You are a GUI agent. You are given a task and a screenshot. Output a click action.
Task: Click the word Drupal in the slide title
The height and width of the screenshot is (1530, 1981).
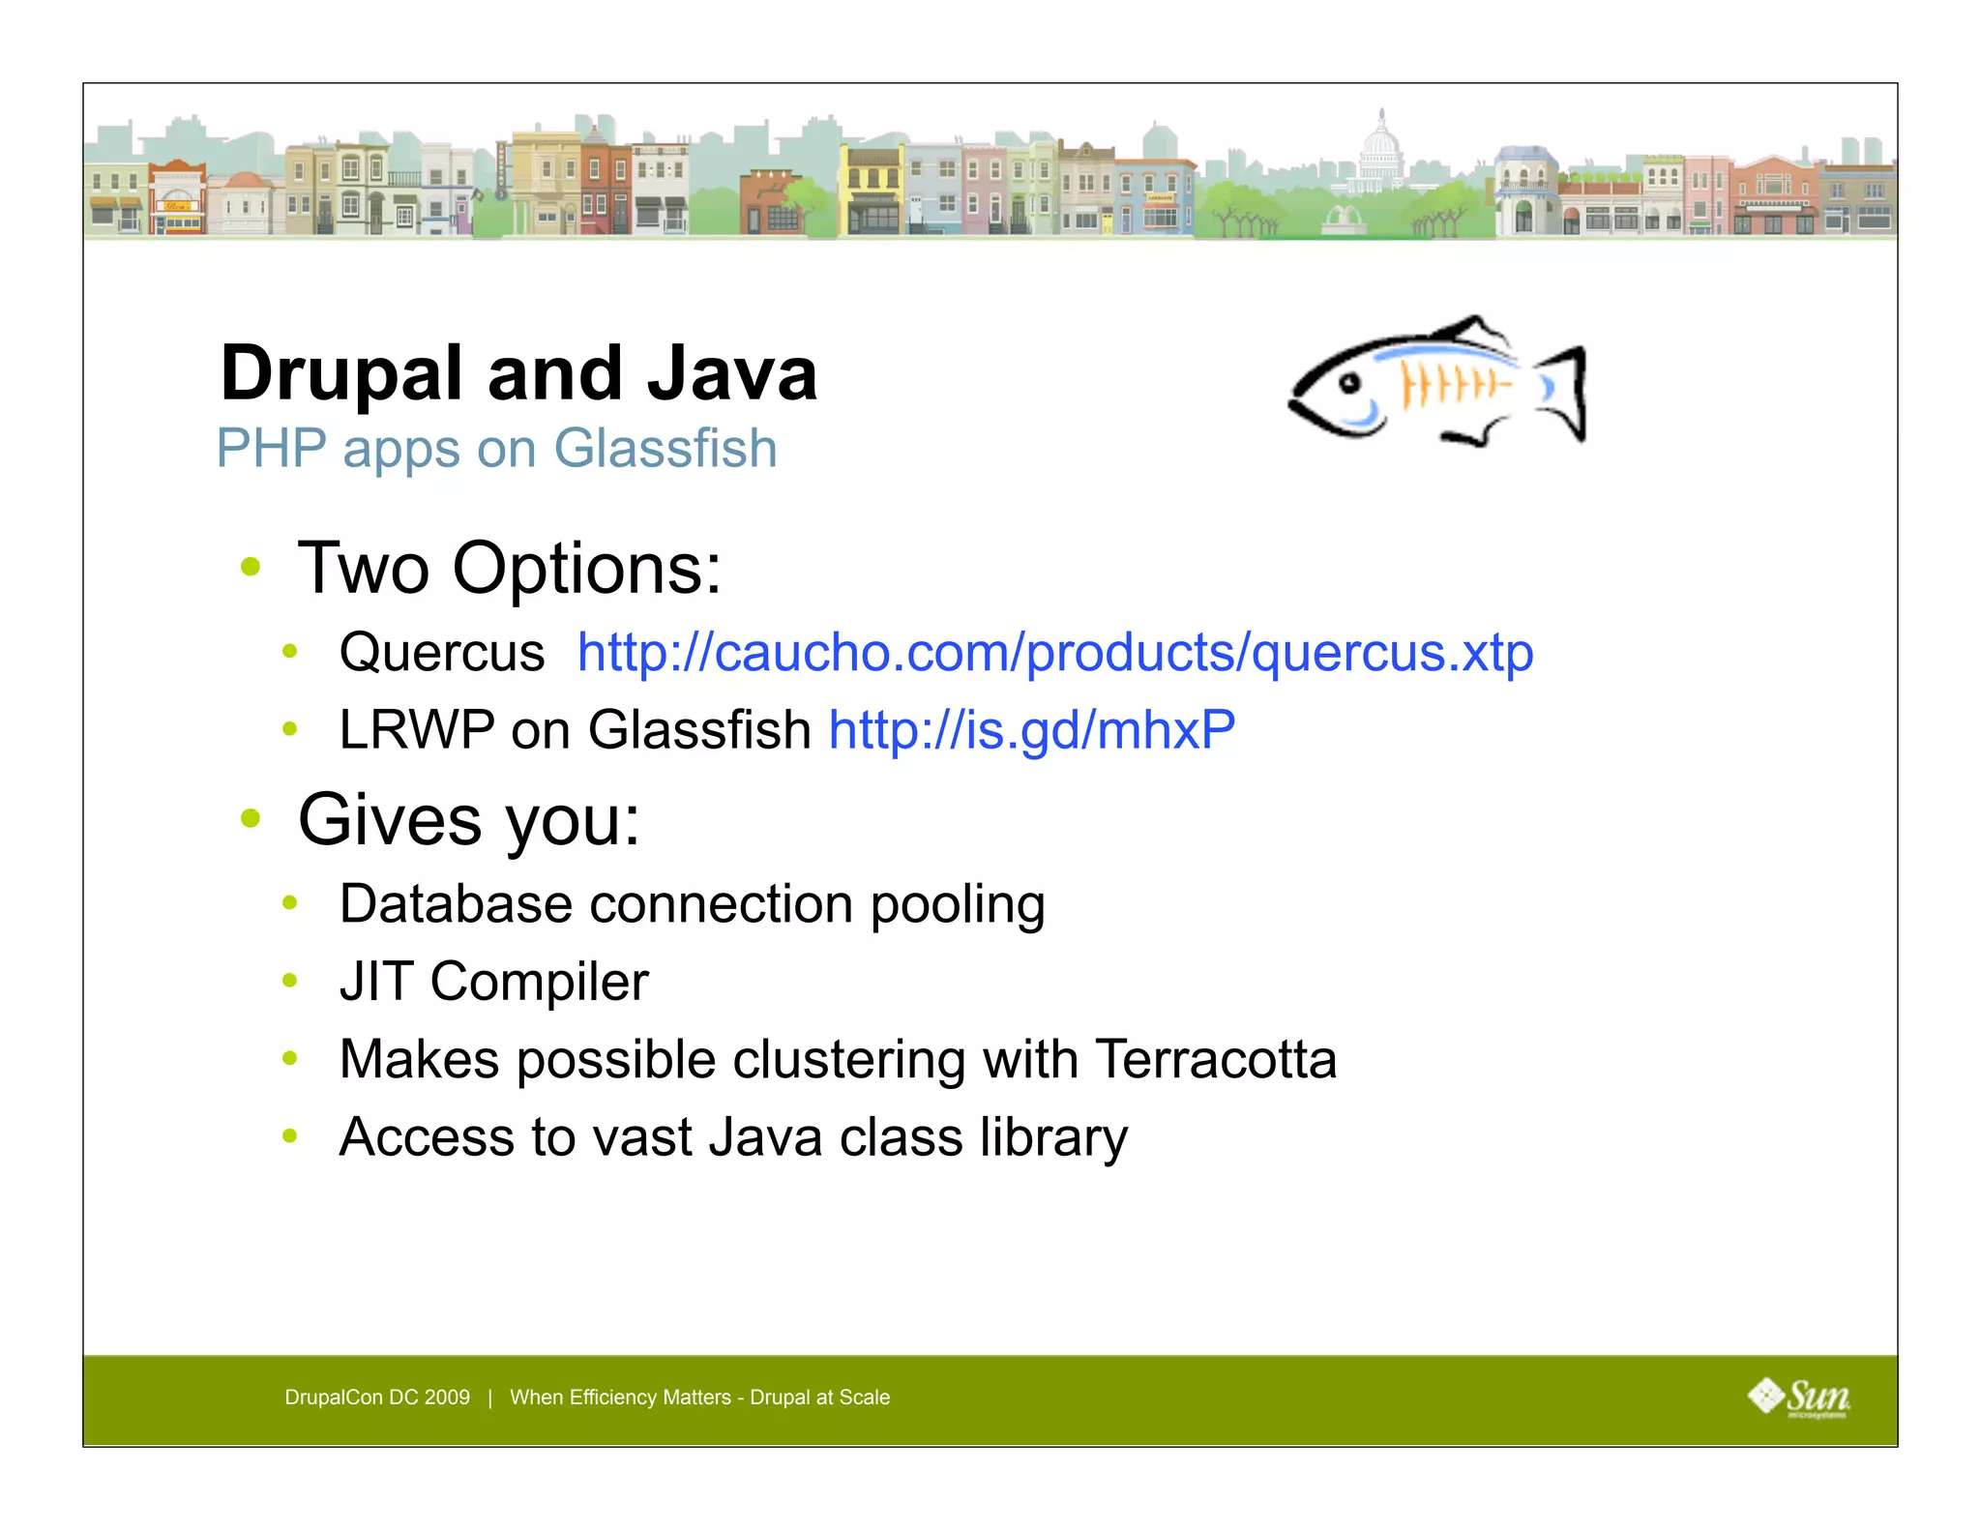pos(341,375)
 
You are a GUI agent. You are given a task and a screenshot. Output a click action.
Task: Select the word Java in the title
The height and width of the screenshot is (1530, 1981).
pos(732,375)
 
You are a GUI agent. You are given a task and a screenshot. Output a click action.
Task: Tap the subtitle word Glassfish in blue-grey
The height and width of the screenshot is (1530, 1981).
pos(665,449)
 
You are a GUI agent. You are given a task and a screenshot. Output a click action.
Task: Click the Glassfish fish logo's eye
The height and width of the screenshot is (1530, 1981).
pos(1349,385)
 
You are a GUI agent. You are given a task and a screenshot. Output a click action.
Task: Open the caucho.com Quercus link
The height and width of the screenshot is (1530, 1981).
pos(1055,653)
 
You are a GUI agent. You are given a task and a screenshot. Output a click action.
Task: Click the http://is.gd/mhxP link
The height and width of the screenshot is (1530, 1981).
pos(1032,730)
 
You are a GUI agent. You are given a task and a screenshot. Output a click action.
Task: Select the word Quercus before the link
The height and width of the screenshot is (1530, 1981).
pos(442,653)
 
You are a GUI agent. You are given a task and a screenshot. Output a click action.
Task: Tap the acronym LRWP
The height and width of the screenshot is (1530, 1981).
pos(416,730)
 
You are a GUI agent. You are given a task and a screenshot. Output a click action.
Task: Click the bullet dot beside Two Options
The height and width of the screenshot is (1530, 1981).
pos(251,567)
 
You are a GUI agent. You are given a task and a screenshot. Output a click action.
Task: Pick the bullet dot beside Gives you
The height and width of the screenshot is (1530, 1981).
pos(251,819)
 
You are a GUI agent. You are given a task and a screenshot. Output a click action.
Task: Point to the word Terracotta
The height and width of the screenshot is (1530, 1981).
pos(1216,1060)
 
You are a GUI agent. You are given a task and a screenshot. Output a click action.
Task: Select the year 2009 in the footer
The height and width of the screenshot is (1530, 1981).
pos(447,1398)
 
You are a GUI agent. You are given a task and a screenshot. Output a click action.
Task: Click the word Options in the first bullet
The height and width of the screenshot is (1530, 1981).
pos(586,569)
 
